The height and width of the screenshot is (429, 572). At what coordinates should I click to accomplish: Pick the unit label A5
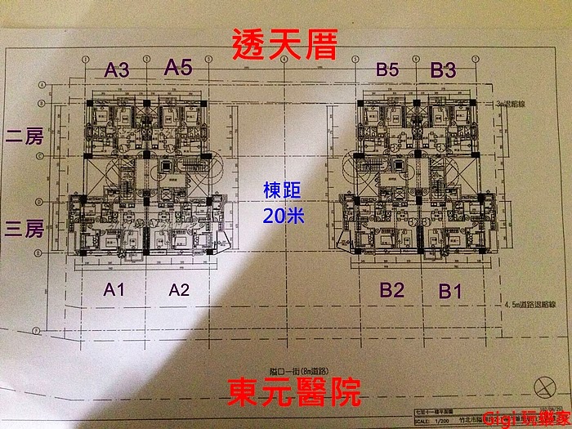pos(178,69)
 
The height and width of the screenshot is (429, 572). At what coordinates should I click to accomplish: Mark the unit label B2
pos(392,288)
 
